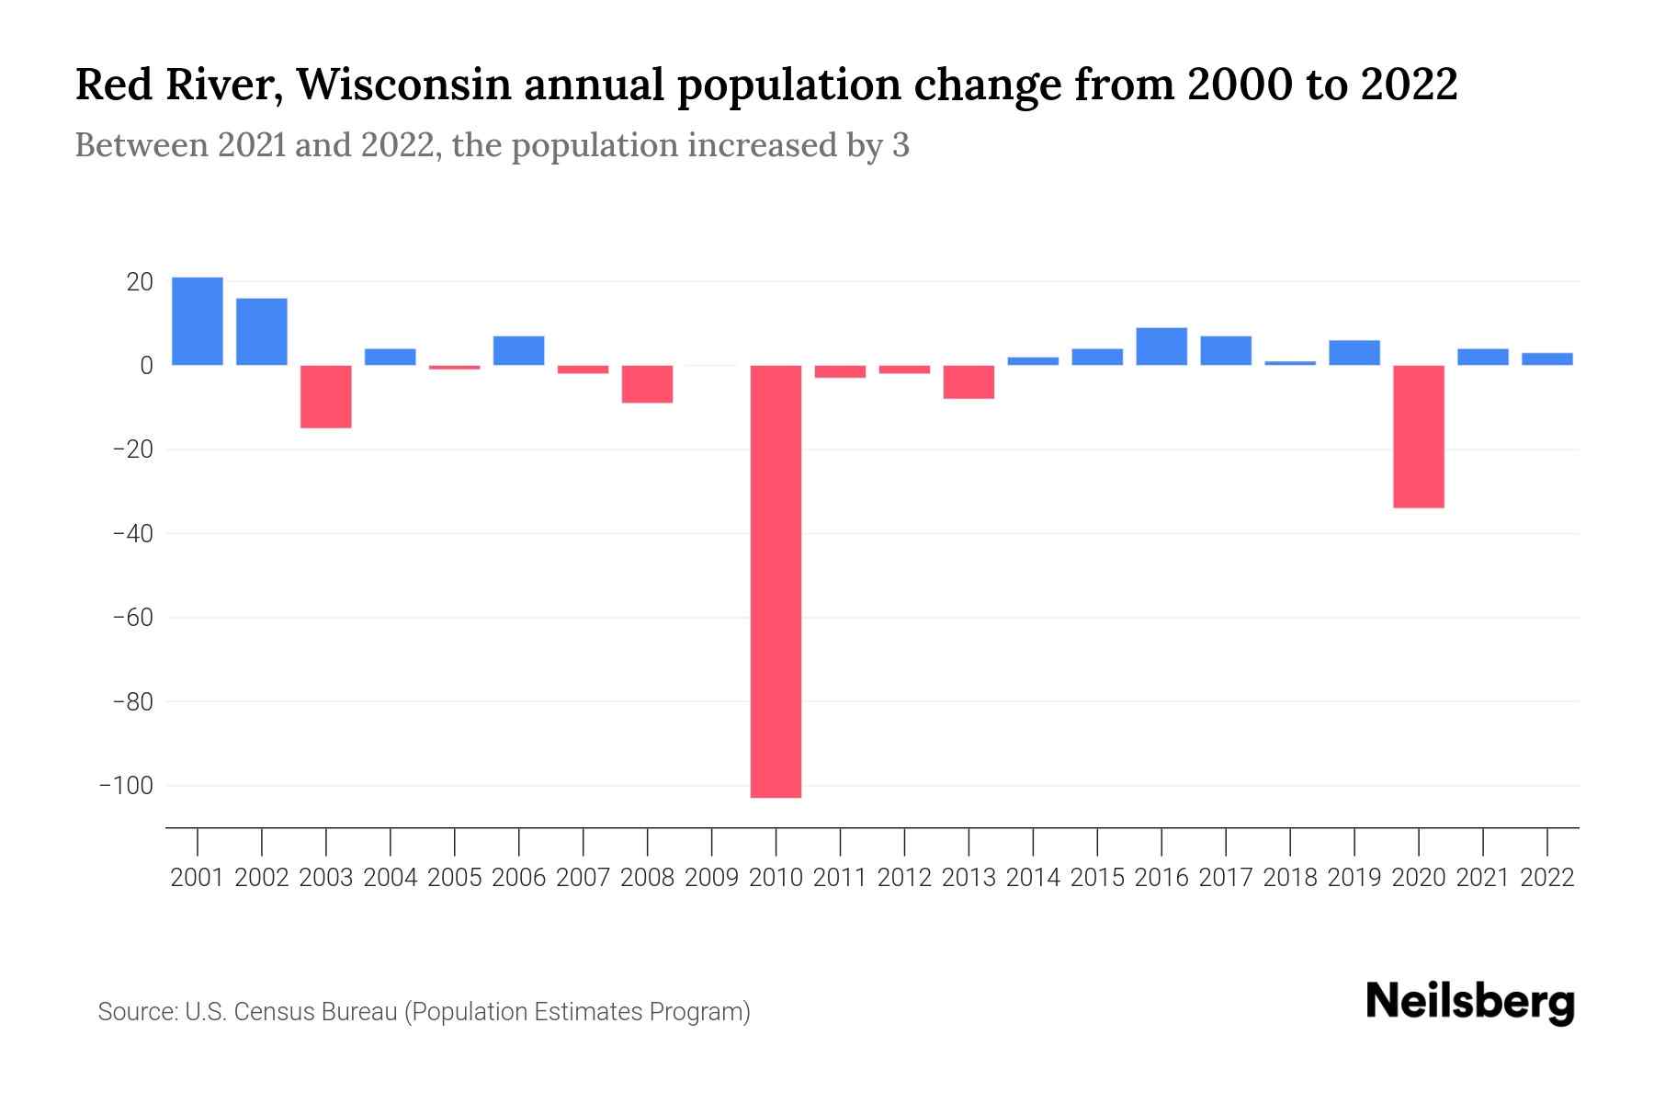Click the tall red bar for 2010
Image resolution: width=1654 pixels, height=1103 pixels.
(776, 581)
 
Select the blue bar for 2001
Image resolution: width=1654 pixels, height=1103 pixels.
(198, 321)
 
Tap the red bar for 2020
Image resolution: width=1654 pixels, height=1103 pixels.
(1418, 437)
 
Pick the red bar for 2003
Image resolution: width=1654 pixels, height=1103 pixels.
(326, 396)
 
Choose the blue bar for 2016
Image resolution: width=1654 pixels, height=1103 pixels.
(1161, 347)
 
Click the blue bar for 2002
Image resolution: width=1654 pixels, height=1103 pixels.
(262, 332)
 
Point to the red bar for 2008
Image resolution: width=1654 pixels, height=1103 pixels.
(647, 384)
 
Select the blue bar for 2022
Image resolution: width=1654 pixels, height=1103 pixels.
(1546, 359)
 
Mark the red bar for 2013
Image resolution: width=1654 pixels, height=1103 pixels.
(969, 382)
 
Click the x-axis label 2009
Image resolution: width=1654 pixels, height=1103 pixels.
(711, 878)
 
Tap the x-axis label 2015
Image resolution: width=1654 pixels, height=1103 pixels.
(1097, 878)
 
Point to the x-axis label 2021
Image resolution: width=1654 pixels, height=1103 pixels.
(1482, 878)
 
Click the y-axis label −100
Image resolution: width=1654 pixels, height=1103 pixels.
(126, 786)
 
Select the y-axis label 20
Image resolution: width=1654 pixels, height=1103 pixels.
(140, 282)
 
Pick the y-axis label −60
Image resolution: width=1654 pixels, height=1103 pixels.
(132, 618)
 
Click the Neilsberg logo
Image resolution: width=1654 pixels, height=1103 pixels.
(1470, 1002)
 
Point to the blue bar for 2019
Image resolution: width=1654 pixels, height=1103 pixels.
(1354, 353)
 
